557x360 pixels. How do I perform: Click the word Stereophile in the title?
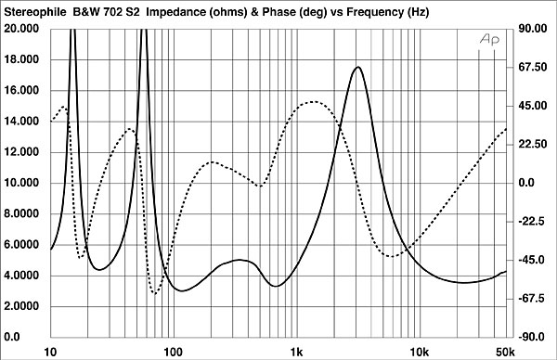(35, 12)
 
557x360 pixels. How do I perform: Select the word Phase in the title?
(278, 12)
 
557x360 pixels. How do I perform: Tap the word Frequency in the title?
(375, 12)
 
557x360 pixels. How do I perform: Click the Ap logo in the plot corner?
(489, 39)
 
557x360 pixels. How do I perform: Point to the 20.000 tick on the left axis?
(21, 29)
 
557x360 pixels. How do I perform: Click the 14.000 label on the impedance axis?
(21, 121)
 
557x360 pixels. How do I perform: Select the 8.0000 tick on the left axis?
(21, 213)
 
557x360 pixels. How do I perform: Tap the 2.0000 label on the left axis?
(21, 306)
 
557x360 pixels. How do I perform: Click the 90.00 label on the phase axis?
(533, 29)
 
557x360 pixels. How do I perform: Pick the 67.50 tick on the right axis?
(533, 67)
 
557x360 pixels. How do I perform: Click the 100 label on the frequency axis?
(173, 353)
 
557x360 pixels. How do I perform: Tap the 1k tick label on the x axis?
(297, 353)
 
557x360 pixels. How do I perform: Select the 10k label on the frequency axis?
(420, 353)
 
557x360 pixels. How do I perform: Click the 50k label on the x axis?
(505, 353)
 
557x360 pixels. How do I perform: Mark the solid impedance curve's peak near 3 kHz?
(357, 67)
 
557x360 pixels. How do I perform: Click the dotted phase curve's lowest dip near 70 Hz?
(154, 293)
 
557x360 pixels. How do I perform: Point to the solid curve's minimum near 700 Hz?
(277, 286)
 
